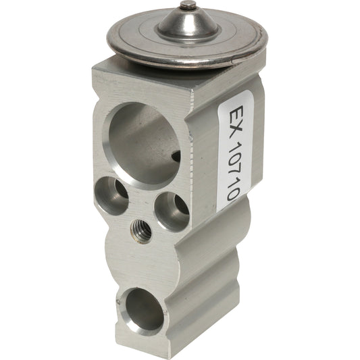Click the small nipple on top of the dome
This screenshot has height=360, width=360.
click(x=186, y=6)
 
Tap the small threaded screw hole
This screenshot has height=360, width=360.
click(x=140, y=234)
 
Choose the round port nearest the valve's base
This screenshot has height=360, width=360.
click(x=144, y=309)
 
